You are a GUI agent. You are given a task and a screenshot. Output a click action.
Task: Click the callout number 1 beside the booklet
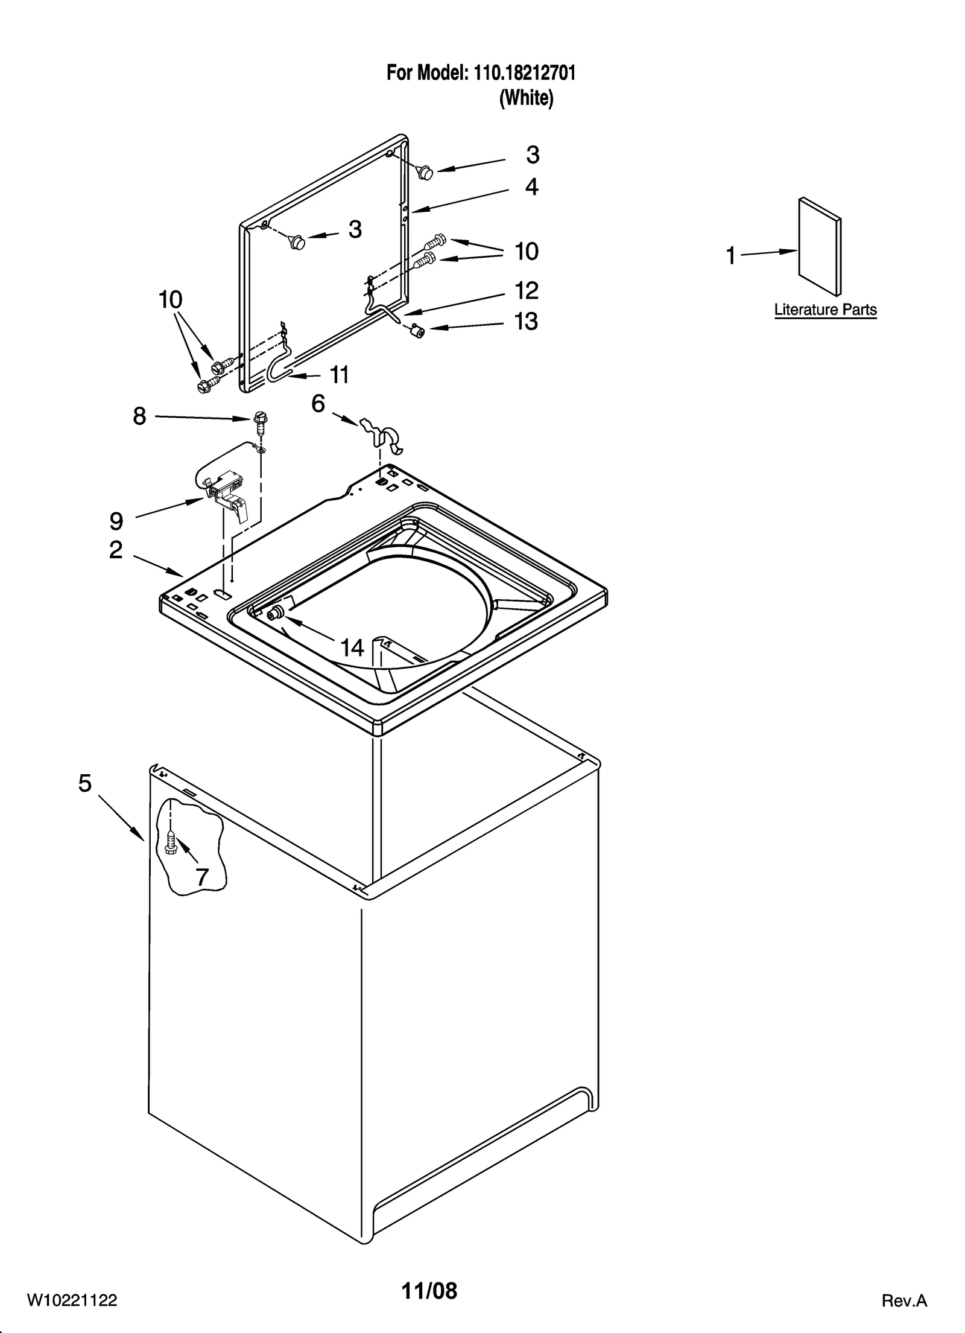[x=730, y=256]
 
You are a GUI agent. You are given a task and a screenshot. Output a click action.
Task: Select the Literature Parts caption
[x=825, y=310]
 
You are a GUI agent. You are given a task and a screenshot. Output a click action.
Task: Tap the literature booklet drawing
[x=820, y=247]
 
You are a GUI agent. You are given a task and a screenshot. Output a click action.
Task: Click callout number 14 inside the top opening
[x=352, y=648]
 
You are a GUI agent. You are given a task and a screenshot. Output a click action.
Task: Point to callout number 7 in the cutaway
[x=202, y=877]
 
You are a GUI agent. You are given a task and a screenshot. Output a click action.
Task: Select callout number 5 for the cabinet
[x=85, y=784]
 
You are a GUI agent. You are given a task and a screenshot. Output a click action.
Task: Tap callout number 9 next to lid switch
[x=116, y=521]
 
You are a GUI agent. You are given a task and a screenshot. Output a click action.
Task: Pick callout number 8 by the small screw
[x=139, y=416]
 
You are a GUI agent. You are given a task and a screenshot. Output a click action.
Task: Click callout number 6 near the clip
[x=318, y=403]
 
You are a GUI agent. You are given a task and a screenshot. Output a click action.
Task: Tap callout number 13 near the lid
[x=526, y=322]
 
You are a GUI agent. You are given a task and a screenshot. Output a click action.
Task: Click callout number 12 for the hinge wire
[x=526, y=291]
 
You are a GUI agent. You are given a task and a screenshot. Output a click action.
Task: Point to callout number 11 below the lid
[x=340, y=375]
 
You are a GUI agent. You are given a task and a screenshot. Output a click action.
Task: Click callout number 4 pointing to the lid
[x=531, y=187]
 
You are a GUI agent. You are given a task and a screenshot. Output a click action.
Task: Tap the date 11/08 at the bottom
[x=429, y=1291]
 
